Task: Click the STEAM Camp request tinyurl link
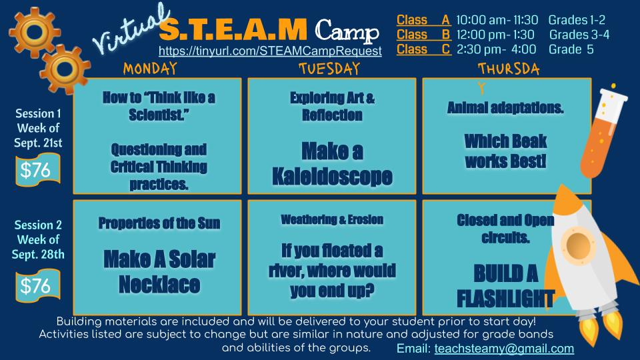pyautogui.click(x=270, y=51)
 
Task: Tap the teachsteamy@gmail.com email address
pyautogui.click(x=504, y=348)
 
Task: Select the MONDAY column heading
pyautogui.click(x=150, y=69)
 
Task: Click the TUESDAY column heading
pyautogui.click(x=329, y=69)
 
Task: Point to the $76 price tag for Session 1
pyautogui.click(x=37, y=170)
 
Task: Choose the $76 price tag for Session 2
pyautogui.click(x=37, y=285)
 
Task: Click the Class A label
pyautogui.click(x=423, y=20)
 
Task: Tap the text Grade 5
pyautogui.click(x=571, y=49)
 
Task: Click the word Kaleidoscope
pyautogui.click(x=332, y=176)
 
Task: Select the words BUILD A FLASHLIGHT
pyautogui.click(x=506, y=286)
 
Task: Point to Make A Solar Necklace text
pyautogui.click(x=159, y=271)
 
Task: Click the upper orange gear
pyautogui.click(x=34, y=32)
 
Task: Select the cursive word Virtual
pyautogui.click(x=131, y=29)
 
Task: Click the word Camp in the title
pyautogui.click(x=347, y=31)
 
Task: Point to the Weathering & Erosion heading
pyautogui.click(x=332, y=219)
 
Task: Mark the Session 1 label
pyautogui.click(x=38, y=113)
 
